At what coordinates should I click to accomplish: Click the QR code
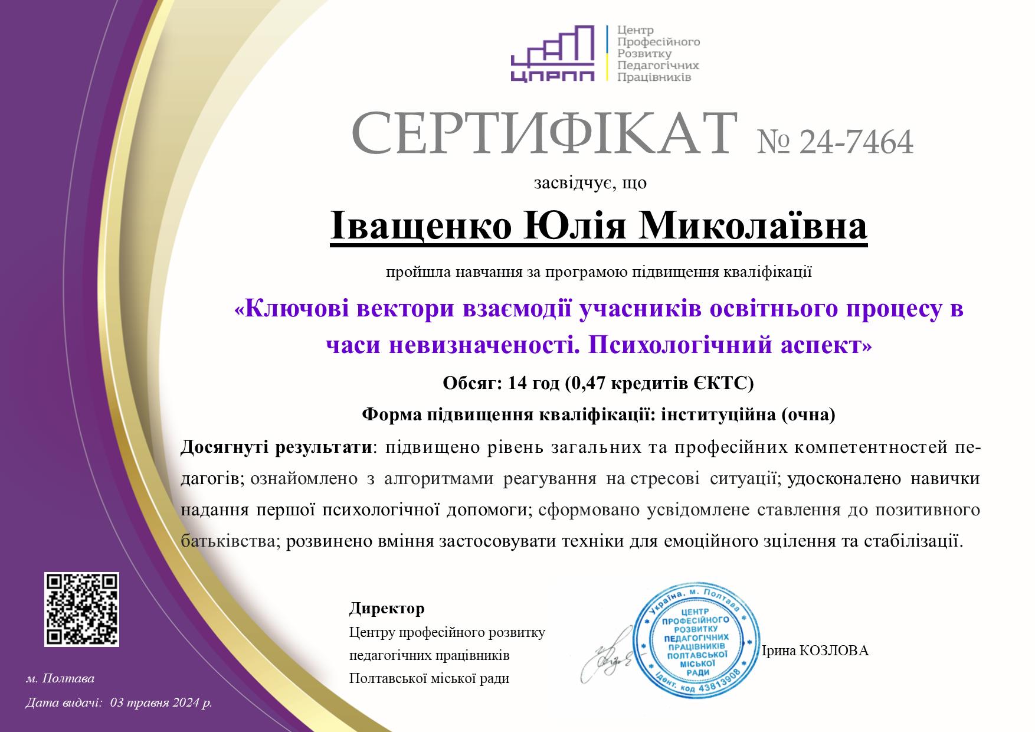pyautogui.click(x=82, y=609)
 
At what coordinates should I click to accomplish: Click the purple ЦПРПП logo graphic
pyautogui.click(x=552, y=54)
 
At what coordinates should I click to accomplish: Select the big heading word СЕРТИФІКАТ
pyautogui.click(x=544, y=133)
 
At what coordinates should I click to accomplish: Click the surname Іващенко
pyautogui.click(x=421, y=227)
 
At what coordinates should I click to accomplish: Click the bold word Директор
pyautogui.click(x=387, y=608)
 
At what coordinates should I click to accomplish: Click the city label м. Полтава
pyautogui.click(x=60, y=679)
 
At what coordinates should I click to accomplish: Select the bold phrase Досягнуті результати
pyautogui.click(x=277, y=447)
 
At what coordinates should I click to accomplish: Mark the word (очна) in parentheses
pyautogui.click(x=808, y=415)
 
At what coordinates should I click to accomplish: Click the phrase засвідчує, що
pyautogui.click(x=590, y=184)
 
